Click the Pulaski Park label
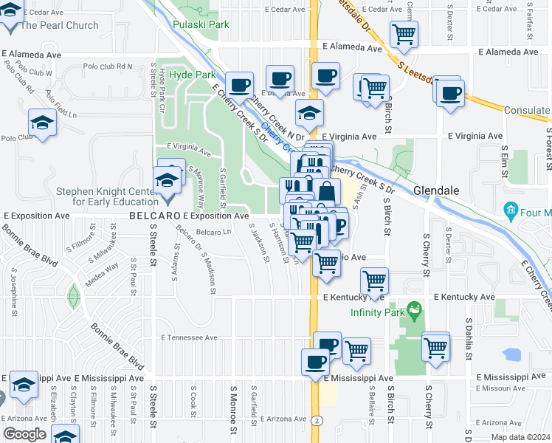point(200,24)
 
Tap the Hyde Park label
point(192,75)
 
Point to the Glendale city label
point(436,190)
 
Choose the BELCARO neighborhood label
point(154,216)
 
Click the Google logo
point(24,433)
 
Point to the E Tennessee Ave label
point(190,337)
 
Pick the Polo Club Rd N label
point(106,66)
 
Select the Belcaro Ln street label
point(213,232)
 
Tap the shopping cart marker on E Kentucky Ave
point(374,281)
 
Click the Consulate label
point(526,110)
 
